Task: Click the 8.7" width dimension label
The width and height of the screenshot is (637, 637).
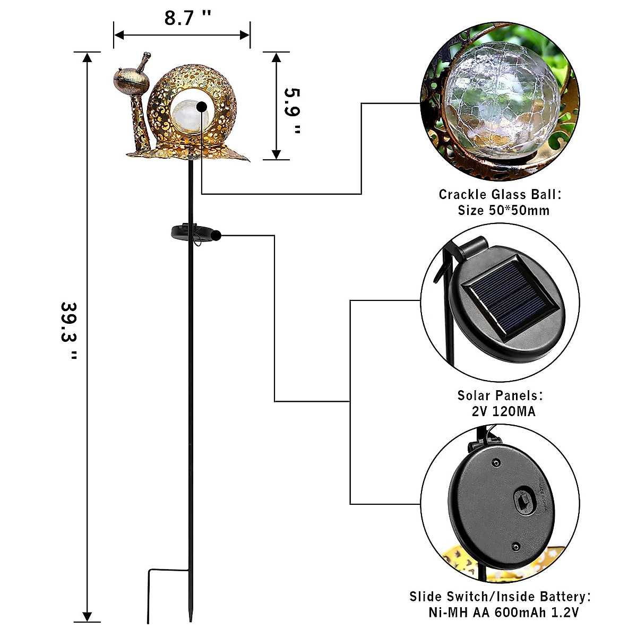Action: coord(187,18)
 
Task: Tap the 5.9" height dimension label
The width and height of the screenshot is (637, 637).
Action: coord(292,110)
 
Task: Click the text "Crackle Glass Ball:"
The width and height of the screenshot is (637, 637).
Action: coord(500,194)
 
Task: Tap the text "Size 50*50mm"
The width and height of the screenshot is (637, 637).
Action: coord(503,210)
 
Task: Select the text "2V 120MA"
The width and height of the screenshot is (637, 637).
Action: coord(503,411)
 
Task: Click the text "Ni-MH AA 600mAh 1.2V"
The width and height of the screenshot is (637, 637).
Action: coord(503,612)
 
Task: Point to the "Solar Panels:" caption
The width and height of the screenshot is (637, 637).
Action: coord(500,395)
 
